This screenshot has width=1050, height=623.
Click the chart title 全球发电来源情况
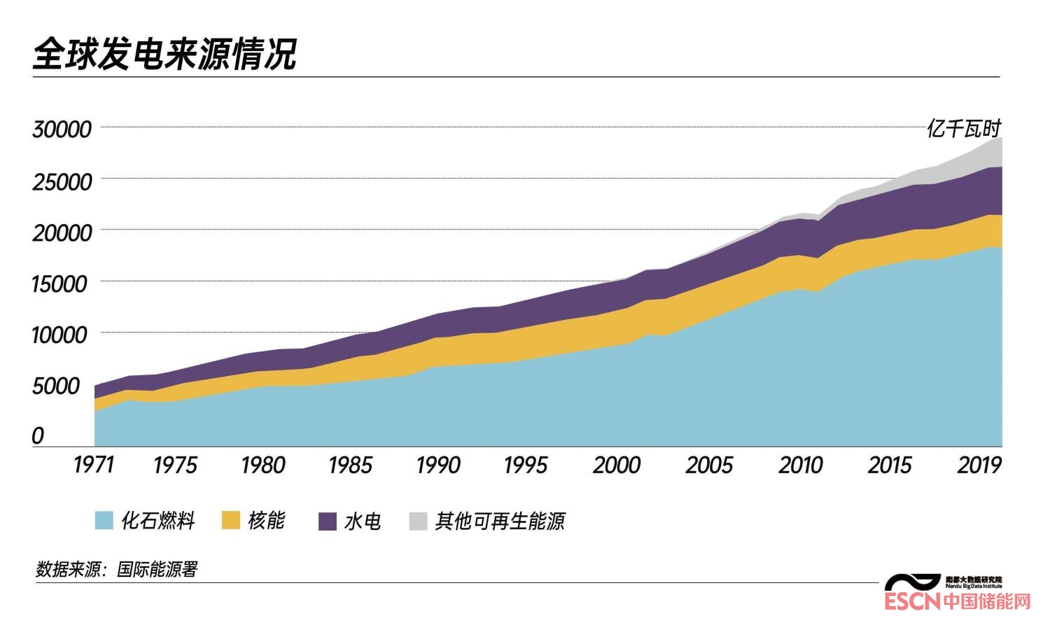165,54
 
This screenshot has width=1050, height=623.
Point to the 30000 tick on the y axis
62,129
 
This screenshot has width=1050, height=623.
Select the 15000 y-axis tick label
60,284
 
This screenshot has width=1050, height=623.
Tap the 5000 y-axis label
56,386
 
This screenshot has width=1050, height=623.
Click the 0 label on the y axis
38,436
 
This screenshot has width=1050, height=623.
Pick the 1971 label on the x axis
93,465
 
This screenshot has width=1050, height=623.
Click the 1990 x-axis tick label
437,465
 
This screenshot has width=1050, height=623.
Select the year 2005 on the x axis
709,465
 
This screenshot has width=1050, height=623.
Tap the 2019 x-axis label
979,465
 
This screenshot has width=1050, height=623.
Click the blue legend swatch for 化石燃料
104,521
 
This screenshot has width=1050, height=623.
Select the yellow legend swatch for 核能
231,521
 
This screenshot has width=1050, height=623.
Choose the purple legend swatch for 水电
328,521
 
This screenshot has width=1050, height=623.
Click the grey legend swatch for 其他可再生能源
418,521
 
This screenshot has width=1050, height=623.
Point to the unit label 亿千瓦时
964,129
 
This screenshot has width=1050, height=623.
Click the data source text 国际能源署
157,569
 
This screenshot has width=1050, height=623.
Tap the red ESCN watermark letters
912,601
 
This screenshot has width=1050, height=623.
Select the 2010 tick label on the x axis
800,465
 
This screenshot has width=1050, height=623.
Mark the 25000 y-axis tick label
62,182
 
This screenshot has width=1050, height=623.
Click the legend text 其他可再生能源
500,521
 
